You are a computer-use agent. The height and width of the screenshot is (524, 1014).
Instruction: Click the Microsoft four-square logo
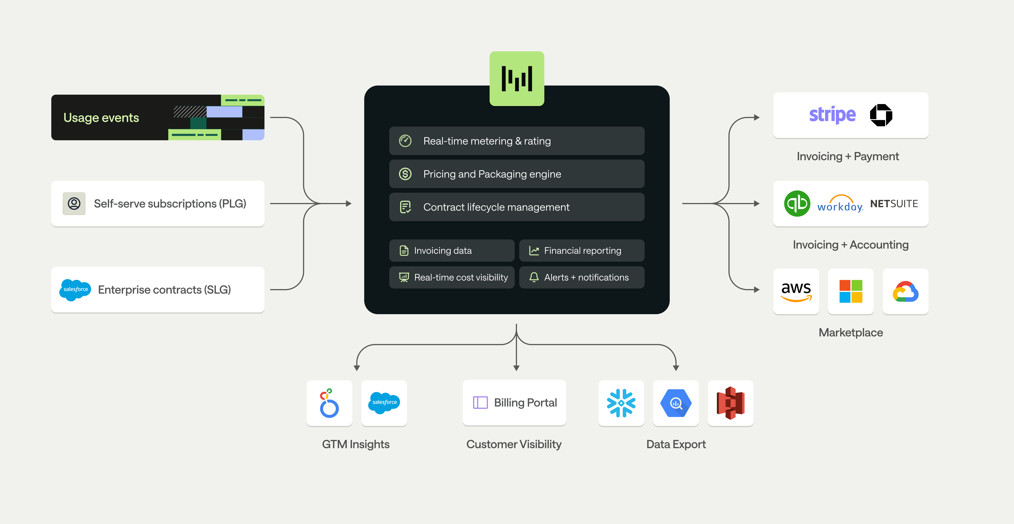click(851, 291)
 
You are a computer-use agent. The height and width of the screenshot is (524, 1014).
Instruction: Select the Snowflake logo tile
click(621, 403)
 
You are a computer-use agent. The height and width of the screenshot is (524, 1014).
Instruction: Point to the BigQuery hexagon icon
click(675, 403)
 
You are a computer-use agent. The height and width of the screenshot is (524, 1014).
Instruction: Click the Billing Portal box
click(514, 402)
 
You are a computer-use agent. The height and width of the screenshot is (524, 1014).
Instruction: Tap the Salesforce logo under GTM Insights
click(384, 402)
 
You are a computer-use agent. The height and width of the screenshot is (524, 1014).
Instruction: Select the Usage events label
click(101, 118)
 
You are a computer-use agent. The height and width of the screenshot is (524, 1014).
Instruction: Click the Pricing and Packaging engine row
click(516, 174)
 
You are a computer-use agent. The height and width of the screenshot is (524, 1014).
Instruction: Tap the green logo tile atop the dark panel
click(516, 78)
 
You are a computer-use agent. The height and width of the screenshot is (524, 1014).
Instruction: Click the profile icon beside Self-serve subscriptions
click(74, 204)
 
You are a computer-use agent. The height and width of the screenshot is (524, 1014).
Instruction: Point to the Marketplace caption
click(851, 333)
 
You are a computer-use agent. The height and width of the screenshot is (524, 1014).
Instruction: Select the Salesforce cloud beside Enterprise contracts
click(75, 290)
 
